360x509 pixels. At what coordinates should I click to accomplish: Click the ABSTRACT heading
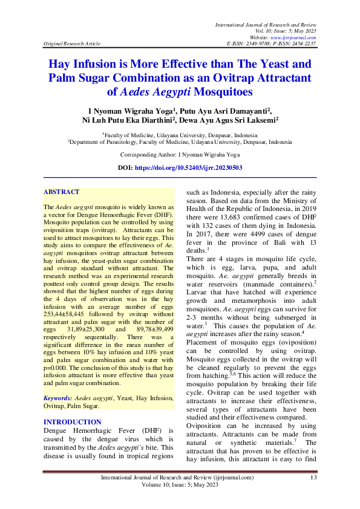click(x=62, y=192)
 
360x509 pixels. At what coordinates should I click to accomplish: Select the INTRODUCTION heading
click(x=73, y=422)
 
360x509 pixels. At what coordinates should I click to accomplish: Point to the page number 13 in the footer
click(x=313, y=478)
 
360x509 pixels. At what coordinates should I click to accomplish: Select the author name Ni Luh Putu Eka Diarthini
click(x=126, y=120)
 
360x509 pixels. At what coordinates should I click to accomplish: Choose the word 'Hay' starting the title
click(x=61, y=63)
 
